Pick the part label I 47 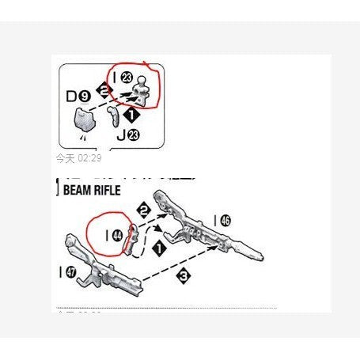tap(66, 273)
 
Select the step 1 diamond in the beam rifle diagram tap(158, 248)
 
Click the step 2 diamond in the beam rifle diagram tap(143, 210)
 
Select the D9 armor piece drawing tap(83, 120)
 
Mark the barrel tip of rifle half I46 tap(256, 256)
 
